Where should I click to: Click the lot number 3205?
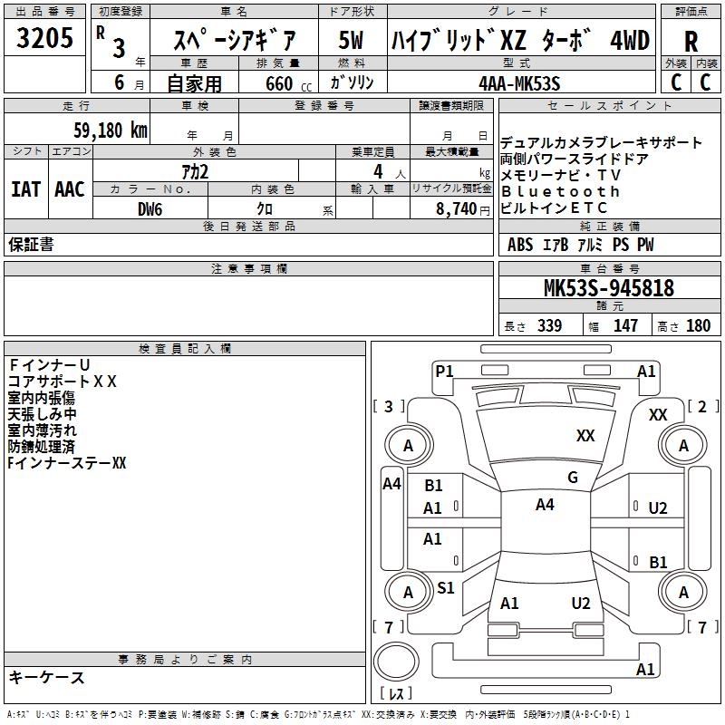[44, 41]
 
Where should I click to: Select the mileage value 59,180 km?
[110, 130]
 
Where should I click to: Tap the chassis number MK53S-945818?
[608, 288]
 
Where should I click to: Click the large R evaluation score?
[691, 42]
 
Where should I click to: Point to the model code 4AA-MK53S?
[518, 83]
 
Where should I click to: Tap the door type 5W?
[352, 41]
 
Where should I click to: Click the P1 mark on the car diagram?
[444, 371]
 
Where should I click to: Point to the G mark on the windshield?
[573, 478]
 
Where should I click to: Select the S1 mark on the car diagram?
[445, 588]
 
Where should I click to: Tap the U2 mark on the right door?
[658, 507]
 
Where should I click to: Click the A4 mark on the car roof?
[544, 505]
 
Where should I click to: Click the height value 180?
[699, 325]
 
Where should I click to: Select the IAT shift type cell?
[26, 189]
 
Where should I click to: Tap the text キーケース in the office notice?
[46, 678]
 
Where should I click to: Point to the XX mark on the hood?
[585, 436]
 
